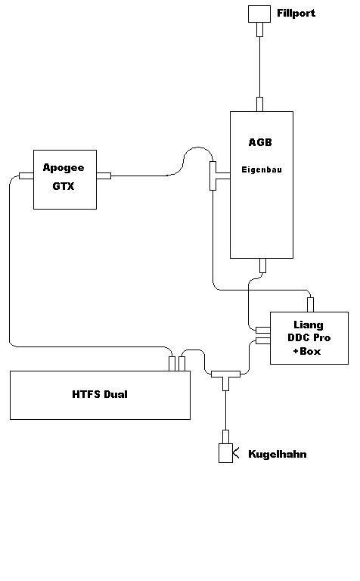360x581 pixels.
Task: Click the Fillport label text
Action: point(296,14)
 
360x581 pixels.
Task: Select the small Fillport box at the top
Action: point(259,14)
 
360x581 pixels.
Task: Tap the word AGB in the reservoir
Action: point(260,142)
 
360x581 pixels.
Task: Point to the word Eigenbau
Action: point(262,169)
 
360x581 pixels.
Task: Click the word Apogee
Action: point(64,168)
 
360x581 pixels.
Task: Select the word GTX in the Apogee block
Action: point(64,186)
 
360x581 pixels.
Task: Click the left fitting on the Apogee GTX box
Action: point(26,176)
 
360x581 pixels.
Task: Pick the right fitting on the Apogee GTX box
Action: point(104,176)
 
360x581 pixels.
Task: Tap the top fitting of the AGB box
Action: point(259,104)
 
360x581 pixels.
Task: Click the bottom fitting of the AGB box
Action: point(262,266)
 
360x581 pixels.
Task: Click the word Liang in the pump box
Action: point(309,325)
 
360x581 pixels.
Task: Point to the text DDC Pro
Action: point(309,337)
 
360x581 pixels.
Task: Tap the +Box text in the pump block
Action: point(306,351)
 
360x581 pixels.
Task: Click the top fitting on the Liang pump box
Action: point(310,305)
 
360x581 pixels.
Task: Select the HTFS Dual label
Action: point(100,394)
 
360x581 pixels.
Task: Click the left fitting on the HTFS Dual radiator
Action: point(172,363)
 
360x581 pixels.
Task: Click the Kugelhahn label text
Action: point(278,454)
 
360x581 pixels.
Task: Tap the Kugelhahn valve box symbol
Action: point(225,453)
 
